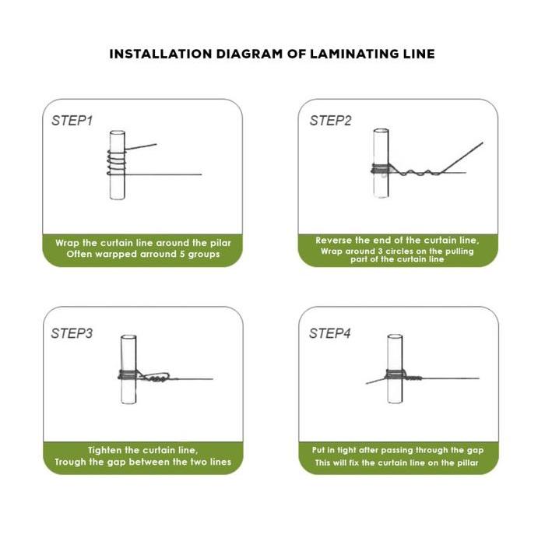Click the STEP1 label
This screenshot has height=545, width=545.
[72, 121]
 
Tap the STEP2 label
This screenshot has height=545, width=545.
[331, 121]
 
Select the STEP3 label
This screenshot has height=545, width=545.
[72, 333]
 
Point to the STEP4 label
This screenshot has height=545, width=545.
[330, 333]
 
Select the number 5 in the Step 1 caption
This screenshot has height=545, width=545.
[182, 254]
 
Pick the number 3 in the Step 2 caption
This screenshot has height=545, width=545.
[380, 251]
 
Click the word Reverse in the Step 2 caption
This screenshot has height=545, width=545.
[334, 240]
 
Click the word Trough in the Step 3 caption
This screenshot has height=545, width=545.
[67, 462]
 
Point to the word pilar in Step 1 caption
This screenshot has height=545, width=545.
[220, 243]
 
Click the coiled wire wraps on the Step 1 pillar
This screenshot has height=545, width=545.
[117, 163]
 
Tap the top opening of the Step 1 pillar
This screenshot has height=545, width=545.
[118, 133]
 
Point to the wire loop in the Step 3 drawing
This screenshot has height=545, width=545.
[156, 377]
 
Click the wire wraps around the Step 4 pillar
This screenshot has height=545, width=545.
[396, 375]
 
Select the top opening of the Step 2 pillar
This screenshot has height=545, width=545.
[381, 132]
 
